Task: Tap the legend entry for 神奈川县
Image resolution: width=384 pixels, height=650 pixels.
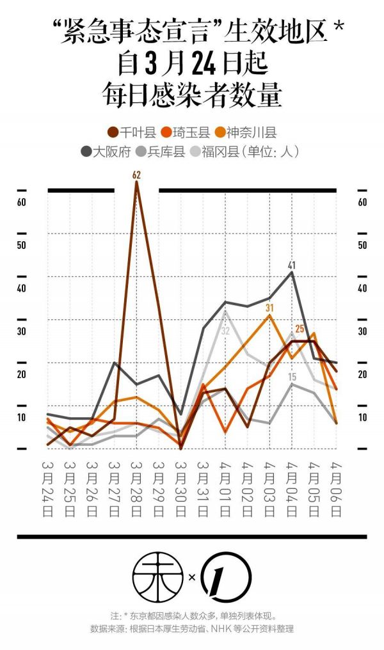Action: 246,132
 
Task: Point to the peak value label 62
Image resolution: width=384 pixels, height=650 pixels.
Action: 136,175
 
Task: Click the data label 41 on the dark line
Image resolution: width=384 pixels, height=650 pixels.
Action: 292,265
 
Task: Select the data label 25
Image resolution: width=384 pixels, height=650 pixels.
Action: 300,329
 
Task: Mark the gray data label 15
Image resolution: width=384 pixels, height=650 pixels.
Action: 292,377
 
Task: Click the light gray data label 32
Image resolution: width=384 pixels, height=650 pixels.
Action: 225,330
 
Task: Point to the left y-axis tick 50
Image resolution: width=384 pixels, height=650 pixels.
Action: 21,246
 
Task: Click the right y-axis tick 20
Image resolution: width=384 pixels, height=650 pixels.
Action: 362,375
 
